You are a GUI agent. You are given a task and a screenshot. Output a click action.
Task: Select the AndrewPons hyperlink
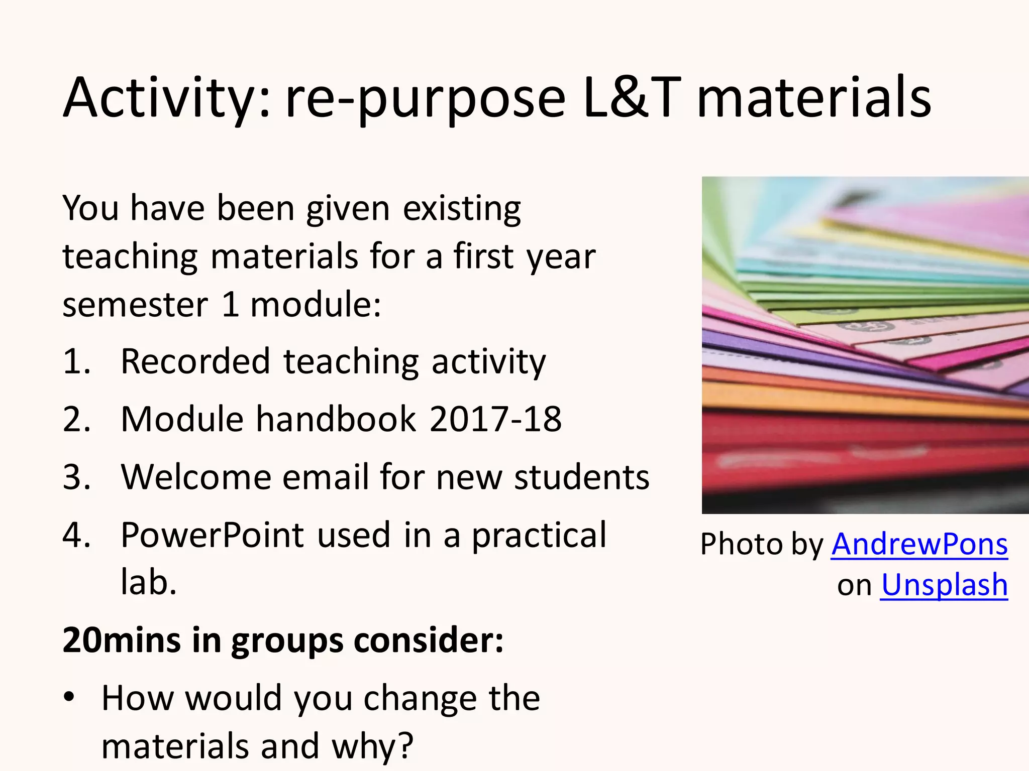pyautogui.click(x=919, y=544)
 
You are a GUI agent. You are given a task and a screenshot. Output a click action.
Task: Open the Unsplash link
pyautogui.click(x=944, y=585)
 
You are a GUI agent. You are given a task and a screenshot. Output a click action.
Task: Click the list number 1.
pyautogui.click(x=76, y=361)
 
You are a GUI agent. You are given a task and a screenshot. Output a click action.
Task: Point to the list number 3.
pyautogui.click(x=76, y=477)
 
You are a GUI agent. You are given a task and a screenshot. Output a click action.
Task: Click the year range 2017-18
pyautogui.click(x=495, y=419)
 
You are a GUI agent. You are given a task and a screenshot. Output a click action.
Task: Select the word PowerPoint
pyautogui.click(x=213, y=535)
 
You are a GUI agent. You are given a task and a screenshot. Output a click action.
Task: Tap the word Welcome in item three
pyautogui.click(x=196, y=477)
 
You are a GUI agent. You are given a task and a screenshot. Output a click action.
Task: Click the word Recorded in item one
pyautogui.click(x=195, y=361)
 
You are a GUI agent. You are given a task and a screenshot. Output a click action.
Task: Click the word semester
pyautogui.click(x=135, y=305)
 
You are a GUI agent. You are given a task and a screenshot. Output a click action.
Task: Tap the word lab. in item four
pyautogui.click(x=149, y=583)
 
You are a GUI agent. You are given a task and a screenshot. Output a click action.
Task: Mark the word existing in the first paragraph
pyautogui.click(x=462, y=208)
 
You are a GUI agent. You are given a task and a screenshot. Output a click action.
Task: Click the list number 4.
pyautogui.click(x=76, y=535)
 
